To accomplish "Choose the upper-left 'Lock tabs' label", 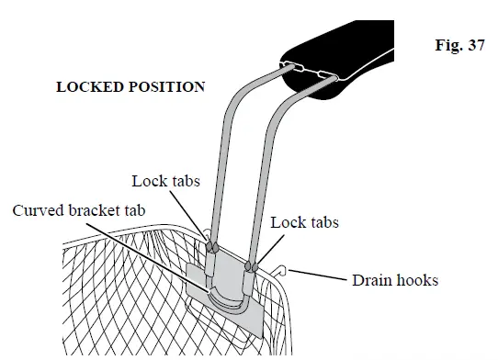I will [x=164, y=182].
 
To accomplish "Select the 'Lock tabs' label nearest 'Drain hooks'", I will [x=303, y=222].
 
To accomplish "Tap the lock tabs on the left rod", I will [x=212, y=246].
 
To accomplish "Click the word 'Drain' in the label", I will [x=371, y=279].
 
